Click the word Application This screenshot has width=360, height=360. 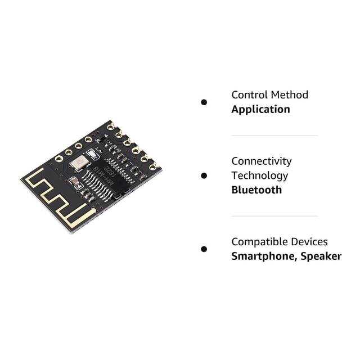(x=260, y=109)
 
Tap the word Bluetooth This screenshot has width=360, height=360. (x=256, y=190)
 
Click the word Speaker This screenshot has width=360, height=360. (x=321, y=256)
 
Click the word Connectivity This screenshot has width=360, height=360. (x=261, y=161)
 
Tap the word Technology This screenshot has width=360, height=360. (x=259, y=175)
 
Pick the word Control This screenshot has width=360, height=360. (x=249, y=94)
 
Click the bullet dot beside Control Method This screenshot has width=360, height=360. (x=204, y=102)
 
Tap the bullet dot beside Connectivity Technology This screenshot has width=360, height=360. (x=204, y=175)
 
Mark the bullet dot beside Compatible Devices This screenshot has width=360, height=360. (x=204, y=249)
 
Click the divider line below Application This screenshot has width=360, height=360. (x=274, y=136)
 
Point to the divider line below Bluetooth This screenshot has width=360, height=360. (x=274, y=216)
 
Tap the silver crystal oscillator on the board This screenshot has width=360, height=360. (x=79, y=163)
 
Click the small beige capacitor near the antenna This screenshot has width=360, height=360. (x=74, y=181)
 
